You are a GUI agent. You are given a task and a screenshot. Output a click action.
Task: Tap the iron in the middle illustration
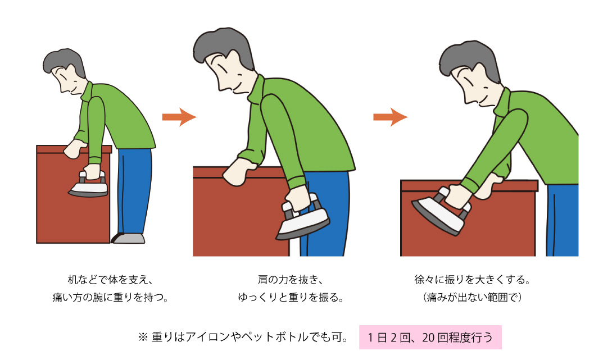click(x=303, y=217)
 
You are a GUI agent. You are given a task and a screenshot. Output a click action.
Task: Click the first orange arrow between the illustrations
click(x=179, y=117)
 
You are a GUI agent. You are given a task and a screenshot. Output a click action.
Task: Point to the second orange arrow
click(x=391, y=117)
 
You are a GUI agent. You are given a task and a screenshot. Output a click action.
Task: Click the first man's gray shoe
click(x=129, y=238)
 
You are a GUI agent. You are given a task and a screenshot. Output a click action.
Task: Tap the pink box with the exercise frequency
click(x=430, y=338)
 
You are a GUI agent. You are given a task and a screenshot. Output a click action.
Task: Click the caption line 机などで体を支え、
click(x=110, y=280)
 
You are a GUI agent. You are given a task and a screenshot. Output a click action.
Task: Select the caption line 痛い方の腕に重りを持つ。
click(x=110, y=297)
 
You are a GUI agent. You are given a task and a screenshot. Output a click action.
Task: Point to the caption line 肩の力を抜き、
click(x=290, y=280)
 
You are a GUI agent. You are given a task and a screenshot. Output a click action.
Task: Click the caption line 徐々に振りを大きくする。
click(x=472, y=280)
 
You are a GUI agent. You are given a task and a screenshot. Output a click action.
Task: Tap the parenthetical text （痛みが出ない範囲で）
click(x=472, y=297)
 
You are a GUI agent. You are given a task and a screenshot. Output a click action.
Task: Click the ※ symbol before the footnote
click(x=143, y=338)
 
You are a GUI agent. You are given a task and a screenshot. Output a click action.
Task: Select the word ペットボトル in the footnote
click(x=275, y=338)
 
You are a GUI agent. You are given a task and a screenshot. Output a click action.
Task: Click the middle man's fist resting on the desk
click(x=237, y=174)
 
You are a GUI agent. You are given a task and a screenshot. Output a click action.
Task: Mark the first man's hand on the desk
click(x=75, y=149)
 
